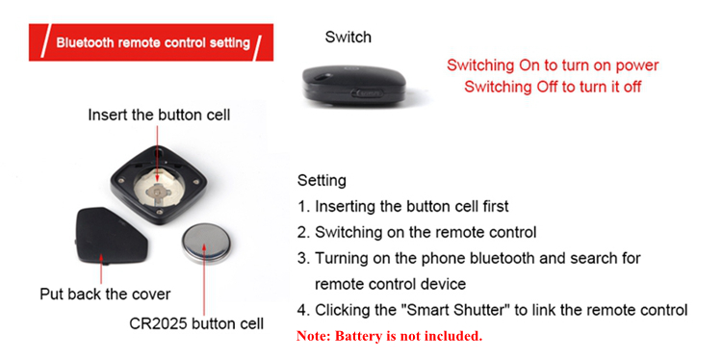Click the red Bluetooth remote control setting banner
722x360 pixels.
pyautogui.click(x=151, y=42)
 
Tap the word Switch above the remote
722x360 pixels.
pyautogui.click(x=348, y=37)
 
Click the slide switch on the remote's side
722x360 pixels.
pyautogui.click(x=367, y=93)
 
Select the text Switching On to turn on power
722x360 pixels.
pyautogui.click(x=553, y=65)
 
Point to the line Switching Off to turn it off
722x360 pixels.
pyautogui.click(x=553, y=86)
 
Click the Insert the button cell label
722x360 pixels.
pyautogui.click(x=159, y=115)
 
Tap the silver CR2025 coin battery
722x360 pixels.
pyautogui.click(x=205, y=244)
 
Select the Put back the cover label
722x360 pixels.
pyautogui.click(x=105, y=294)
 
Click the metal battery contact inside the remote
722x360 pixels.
pyautogui.click(x=159, y=193)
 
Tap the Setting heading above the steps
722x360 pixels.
pyautogui.click(x=322, y=180)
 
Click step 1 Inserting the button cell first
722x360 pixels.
pyautogui.click(x=403, y=206)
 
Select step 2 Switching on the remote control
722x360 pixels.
pyautogui.click(x=417, y=232)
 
